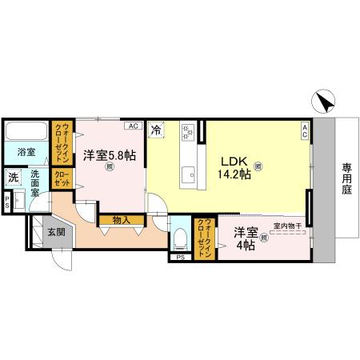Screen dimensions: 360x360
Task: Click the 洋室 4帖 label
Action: click(x=246, y=238)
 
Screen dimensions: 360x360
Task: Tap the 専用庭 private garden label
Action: click(x=347, y=180)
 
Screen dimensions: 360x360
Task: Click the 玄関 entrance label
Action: click(x=55, y=232)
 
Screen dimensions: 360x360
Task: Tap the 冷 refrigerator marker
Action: click(x=157, y=128)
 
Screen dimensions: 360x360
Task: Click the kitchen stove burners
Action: click(x=188, y=130)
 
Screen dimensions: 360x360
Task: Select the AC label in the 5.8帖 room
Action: click(x=133, y=126)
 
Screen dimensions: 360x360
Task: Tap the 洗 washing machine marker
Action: click(x=14, y=178)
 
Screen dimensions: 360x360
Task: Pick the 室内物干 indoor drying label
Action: click(x=286, y=226)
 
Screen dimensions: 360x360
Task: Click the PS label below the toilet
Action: click(x=179, y=258)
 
